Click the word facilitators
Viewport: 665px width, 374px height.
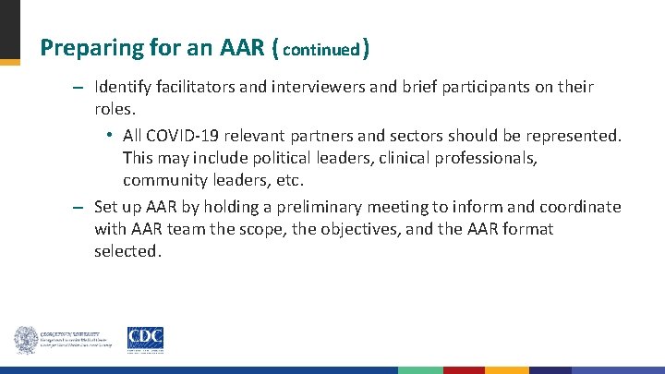(x=200, y=88)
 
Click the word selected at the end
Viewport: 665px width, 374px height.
(x=127, y=251)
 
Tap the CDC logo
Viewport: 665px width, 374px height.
(x=145, y=339)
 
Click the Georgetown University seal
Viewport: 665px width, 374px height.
(x=25, y=340)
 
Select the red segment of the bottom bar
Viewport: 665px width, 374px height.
(x=464, y=370)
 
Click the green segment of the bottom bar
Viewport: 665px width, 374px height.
(x=420, y=370)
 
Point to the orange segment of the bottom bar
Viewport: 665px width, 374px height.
(x=506, y=370)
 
